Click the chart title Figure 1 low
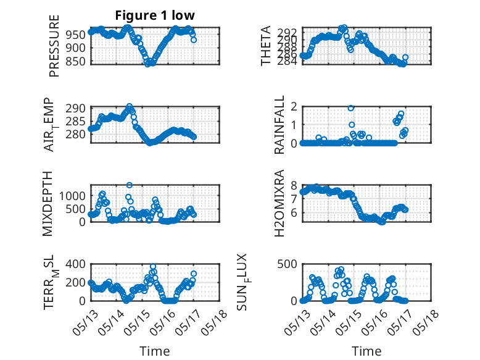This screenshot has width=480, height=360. (x=155, y=15)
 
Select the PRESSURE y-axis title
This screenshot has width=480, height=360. (x=54, y=46)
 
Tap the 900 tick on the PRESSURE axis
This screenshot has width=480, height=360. (x=75, y=48)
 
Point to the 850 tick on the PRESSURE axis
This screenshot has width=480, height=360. (x=75, y=61)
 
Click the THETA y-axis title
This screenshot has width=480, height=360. (x=266, y=46)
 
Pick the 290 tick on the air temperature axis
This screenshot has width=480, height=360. (x=75, y=108)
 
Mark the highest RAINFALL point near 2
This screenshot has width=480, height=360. (x=351, y=108)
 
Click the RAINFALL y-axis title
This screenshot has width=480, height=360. (x=279, y=125)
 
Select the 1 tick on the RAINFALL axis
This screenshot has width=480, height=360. (x=294, y=125)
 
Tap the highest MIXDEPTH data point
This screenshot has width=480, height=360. (x=130, y=185)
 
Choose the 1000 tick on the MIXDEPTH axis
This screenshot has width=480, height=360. (x=72, y=196)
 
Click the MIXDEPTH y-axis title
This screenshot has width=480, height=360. (x=48, y=204)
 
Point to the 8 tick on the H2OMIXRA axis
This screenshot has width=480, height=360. (x=294, y=185)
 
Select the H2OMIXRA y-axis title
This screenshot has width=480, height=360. (x=279, y=203)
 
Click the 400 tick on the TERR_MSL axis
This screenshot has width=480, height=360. (x=75, y=264)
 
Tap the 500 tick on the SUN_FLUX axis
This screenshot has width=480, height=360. (x=287, y=264)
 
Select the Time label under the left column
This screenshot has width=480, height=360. (x=155, y=351)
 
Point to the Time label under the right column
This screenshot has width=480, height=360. (x=366, y=351)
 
